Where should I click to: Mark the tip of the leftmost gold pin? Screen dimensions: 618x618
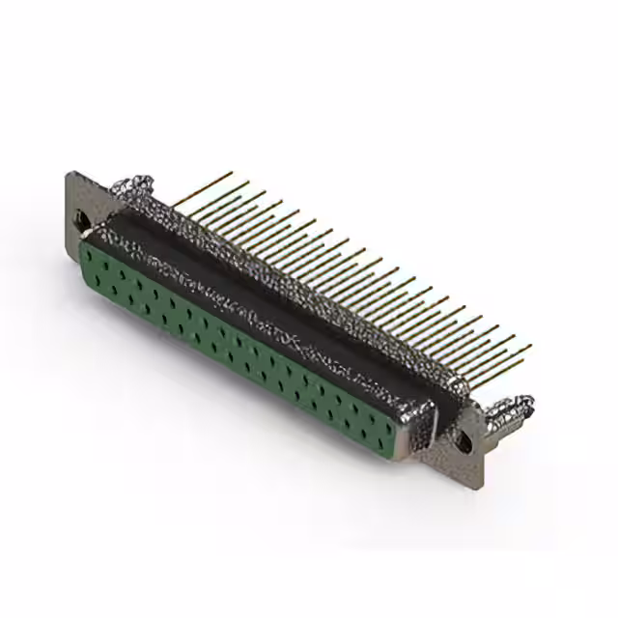click(x=232, y=174)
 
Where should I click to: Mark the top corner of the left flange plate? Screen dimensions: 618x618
click(x=70, y=175)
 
